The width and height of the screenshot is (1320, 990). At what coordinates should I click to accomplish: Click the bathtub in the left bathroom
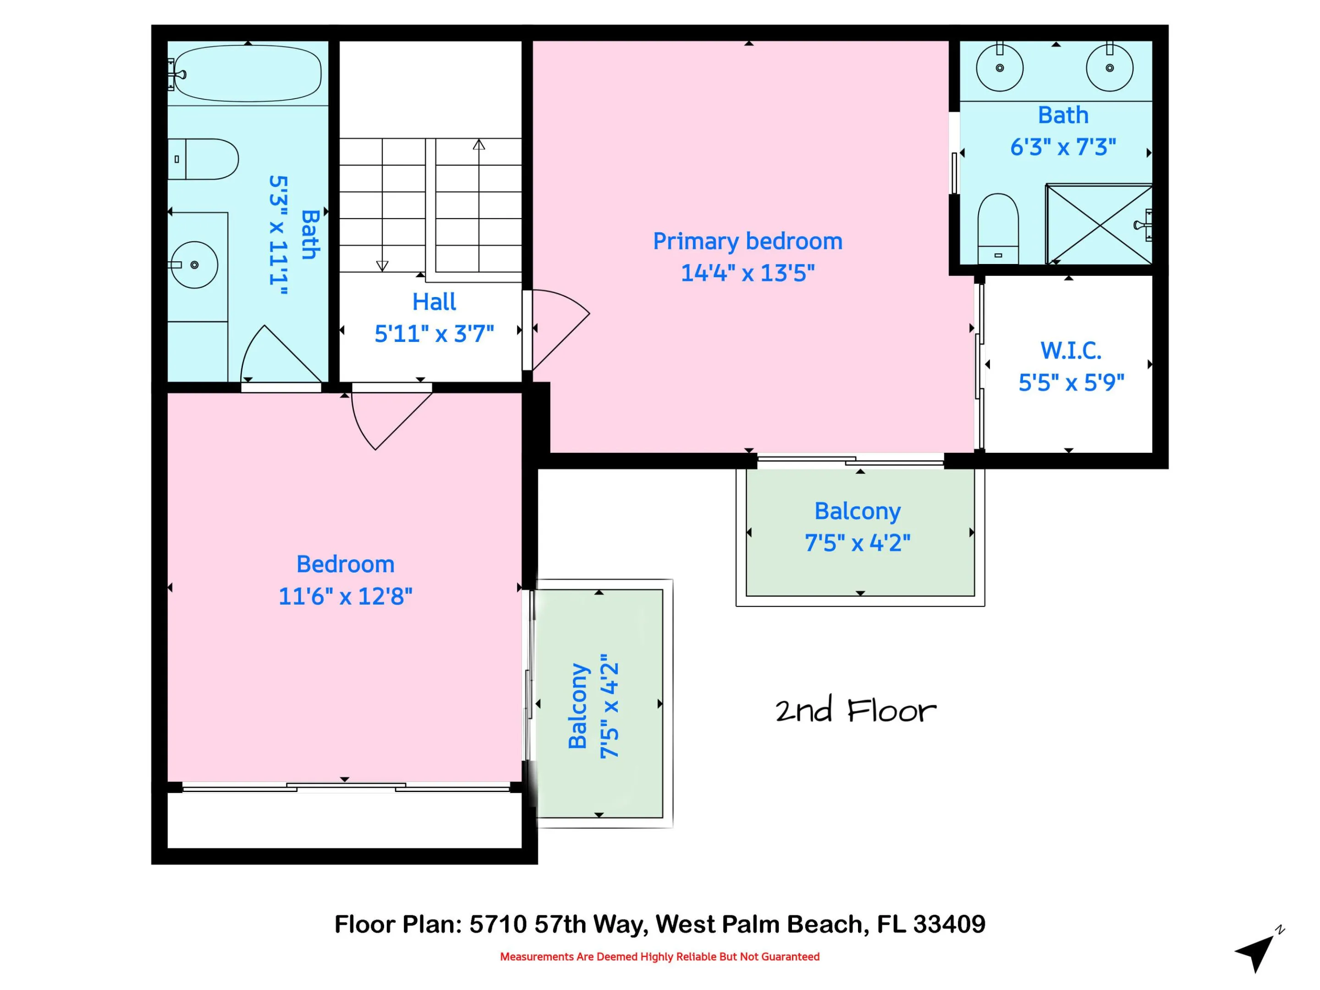247,73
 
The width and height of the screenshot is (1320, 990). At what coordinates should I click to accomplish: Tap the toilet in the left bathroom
203,159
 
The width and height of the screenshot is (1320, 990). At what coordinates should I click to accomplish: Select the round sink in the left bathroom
194,265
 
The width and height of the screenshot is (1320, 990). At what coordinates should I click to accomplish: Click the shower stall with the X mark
1099,225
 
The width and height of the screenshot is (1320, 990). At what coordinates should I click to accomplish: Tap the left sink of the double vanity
1000,67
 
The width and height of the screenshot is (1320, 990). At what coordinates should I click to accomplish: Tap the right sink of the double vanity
1109,67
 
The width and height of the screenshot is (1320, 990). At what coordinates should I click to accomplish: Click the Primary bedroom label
748,241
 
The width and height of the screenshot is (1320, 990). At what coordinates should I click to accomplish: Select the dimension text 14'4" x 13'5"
748,273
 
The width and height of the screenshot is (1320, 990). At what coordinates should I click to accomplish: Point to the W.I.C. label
1071,351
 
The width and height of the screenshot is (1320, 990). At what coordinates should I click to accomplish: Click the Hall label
434,302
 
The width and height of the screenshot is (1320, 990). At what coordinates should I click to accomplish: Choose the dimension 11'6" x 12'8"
346,596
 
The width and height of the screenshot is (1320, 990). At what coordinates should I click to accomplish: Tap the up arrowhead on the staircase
478,144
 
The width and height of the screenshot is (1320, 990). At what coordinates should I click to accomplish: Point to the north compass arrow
1255,952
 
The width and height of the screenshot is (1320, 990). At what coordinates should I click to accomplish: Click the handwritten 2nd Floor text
856,710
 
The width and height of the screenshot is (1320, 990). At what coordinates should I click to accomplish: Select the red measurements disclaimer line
660,957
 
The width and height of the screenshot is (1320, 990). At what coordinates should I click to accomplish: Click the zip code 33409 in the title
949,924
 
